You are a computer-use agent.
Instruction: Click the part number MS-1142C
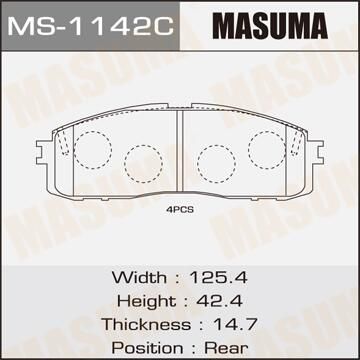click(x=90, y=21)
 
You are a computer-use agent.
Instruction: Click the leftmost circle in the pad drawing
click(x=92, y=147)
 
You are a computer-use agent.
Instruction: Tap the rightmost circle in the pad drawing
click(x=266, y=147)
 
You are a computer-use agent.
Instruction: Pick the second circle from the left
click(x=139, y=163)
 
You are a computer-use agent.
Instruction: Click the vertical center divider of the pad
click(x=179, y=150)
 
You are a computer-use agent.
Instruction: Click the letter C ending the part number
click(x=159, y=21)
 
